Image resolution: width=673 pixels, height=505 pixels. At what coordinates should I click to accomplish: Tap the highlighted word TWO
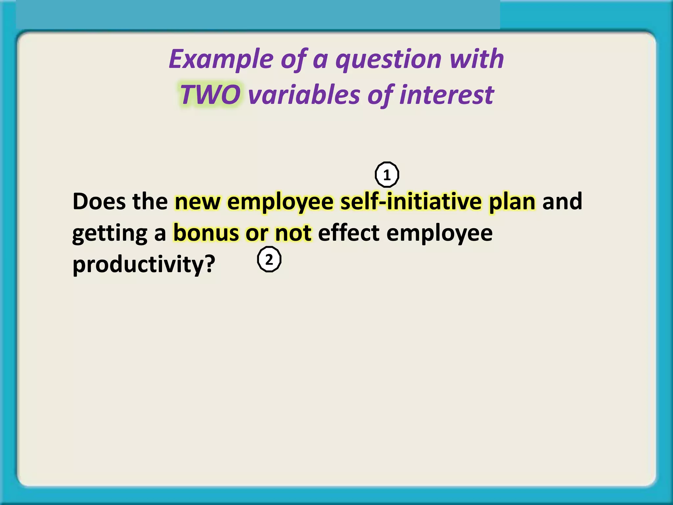[x=210, y=95]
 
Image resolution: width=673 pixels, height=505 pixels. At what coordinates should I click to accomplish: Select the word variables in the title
[x=304, y=95]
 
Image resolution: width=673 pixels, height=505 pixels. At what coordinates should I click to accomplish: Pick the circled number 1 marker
[x=387, y=175]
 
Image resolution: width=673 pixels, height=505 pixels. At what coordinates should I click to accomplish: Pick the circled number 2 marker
[x=269, y=260]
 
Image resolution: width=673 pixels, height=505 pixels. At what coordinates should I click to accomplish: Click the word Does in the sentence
[x=99, y=202]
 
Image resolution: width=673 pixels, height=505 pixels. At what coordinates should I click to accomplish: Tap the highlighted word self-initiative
[x=411, y=202]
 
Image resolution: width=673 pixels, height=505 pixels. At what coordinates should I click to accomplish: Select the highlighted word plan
[x=512, y=202]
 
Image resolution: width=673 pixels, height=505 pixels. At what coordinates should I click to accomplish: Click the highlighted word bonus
[x=206, y=233]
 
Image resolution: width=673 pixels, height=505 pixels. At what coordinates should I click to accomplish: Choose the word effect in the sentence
[x=348, y=233]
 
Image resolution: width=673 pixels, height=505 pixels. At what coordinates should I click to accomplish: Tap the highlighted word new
[x=197, y=202]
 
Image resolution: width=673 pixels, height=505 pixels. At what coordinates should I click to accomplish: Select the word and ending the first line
[x=562, y=202]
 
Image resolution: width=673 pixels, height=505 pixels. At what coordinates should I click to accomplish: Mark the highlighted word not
[x=293, y=233]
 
